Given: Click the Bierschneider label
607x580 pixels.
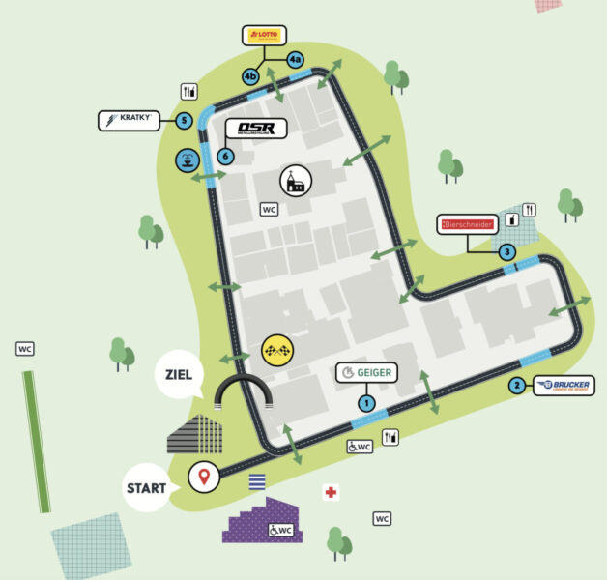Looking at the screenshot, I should coord(469,225).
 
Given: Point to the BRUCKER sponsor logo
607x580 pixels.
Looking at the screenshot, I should coord(563,386).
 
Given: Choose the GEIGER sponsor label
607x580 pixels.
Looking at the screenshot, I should coord(366,372).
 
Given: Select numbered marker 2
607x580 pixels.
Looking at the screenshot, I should coord(517,386).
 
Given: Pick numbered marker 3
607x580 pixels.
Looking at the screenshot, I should coord(506,252).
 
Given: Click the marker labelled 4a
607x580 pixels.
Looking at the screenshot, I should coord(295,59).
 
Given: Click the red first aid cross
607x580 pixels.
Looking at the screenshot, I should coord(332,493).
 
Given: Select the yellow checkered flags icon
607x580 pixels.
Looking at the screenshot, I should coord(276,349).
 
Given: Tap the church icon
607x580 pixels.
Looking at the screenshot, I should coord(295,180).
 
